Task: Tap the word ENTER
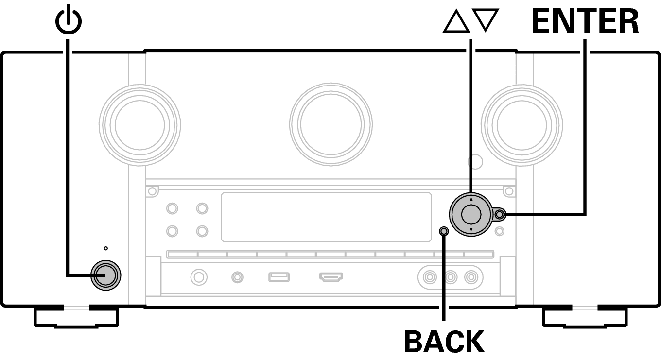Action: point(585,21)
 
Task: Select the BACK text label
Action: point(444,342)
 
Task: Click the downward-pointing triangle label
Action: point(486,20)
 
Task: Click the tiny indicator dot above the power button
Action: point(106,248)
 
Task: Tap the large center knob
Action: point(331,124)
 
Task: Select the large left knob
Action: point(140,125)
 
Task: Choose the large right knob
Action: point(522,125)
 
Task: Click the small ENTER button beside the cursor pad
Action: point(499,215)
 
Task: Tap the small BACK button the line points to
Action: point(444,231)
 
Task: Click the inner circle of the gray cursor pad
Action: point(471,215)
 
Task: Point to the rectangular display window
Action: point(327,217)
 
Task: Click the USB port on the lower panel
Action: point(279,277)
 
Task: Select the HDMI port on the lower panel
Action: point(331,277)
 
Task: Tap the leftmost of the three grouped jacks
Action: point(430,277)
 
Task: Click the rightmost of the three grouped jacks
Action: point(471,277)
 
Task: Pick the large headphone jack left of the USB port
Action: point(199,277)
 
